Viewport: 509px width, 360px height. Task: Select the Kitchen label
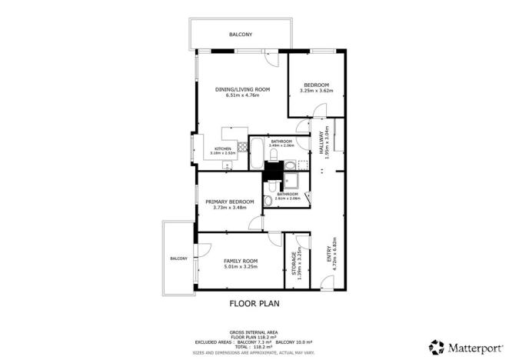click(x=223, y=148)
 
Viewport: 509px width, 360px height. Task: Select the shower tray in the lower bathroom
click(x=294, y=181)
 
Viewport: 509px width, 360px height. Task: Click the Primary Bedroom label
click(x=231, y=202)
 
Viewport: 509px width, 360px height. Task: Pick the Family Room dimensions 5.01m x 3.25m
click(x=240, y=266)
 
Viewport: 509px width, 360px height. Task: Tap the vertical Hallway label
click(x=322, y=142)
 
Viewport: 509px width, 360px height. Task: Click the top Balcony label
click(x=240, y=35)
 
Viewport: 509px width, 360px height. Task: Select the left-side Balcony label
click(x=178, y=258)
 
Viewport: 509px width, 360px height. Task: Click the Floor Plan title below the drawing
click(x=254, y=303)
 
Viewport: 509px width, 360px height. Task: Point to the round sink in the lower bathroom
click(x=268, y=201)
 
